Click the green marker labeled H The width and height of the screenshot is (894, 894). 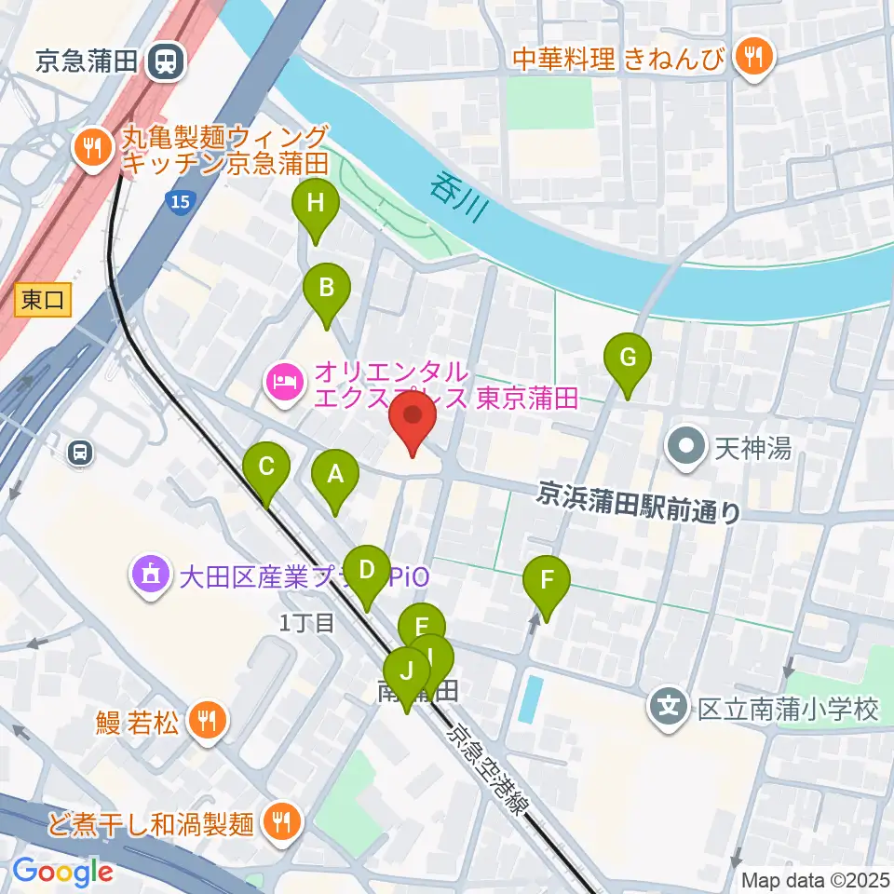tap(315, 204)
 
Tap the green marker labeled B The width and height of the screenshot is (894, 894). tap(326, 288)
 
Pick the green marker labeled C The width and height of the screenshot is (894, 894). tap(266, 466)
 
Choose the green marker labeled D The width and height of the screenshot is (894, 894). tap(367, 569)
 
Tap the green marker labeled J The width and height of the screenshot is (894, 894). tap(406, 671)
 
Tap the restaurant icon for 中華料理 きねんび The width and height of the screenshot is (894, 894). tap(750, 57)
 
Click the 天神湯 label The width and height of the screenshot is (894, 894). tap(752, 449)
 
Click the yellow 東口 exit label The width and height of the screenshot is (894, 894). tap(44, 300)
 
